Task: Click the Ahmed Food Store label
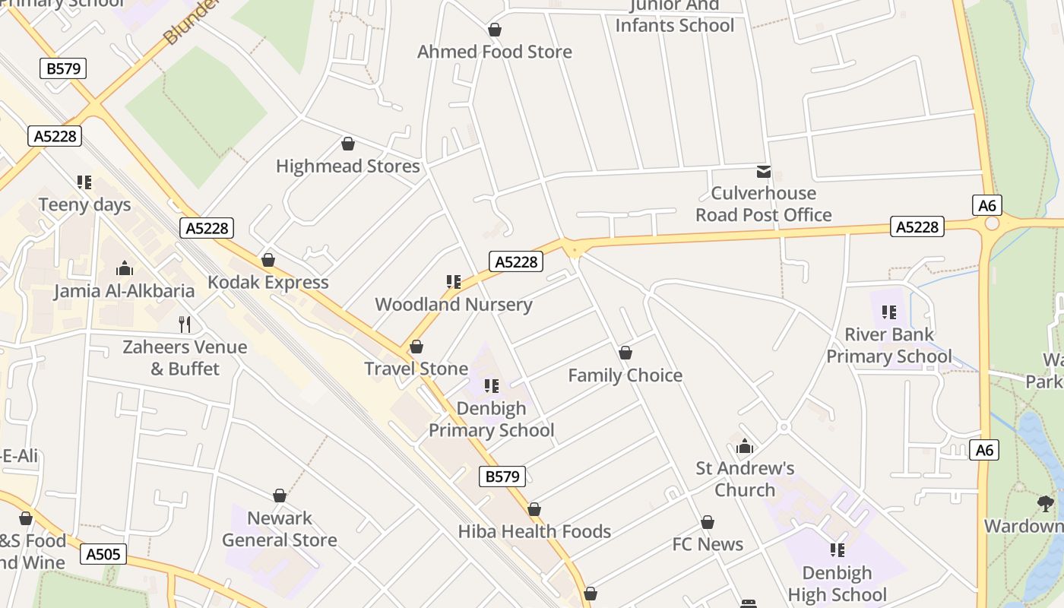pyautogui.click(x=494, y=52)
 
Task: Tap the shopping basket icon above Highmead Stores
pyautogui.click(x=348, y=144)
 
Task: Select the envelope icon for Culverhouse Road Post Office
pyautogui.click(x=763, y=172)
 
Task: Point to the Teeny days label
pyautogui.click(x=84, y=204)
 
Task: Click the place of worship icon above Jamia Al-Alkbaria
pyautogui.click(x=125, y=268)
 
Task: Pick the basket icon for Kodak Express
pyautogui.click(x=268, y=260)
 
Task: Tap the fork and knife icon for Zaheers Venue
pyautogui.click(x=185, y=325)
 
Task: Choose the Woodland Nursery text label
pyautogui.click(x=453, y=304)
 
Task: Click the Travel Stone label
pyautogui.click(x=416, y=369)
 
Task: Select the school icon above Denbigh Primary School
pyautogui.click(x=491, y=386)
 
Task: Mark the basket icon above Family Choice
pyautogui.click(x=625, y=353)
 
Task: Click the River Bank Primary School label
pyautogui.click(x=888, y=345)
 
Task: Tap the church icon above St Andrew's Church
pyautogui.click(x=745, y=446)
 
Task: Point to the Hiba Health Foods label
pyautogui.click(x=534, y=531)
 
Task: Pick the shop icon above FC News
pyautogui.click(x=707, y=522)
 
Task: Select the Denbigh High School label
pyautogui.click(x=837, y=583)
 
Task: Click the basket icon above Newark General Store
pyautogui.click(x=280, y=496)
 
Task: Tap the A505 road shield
pyautogui.click(x=103, y=554)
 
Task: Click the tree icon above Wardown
pyautogui.click(x=1046, y=503)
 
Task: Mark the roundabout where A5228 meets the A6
pyautogui.click(x=992, y=223)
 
